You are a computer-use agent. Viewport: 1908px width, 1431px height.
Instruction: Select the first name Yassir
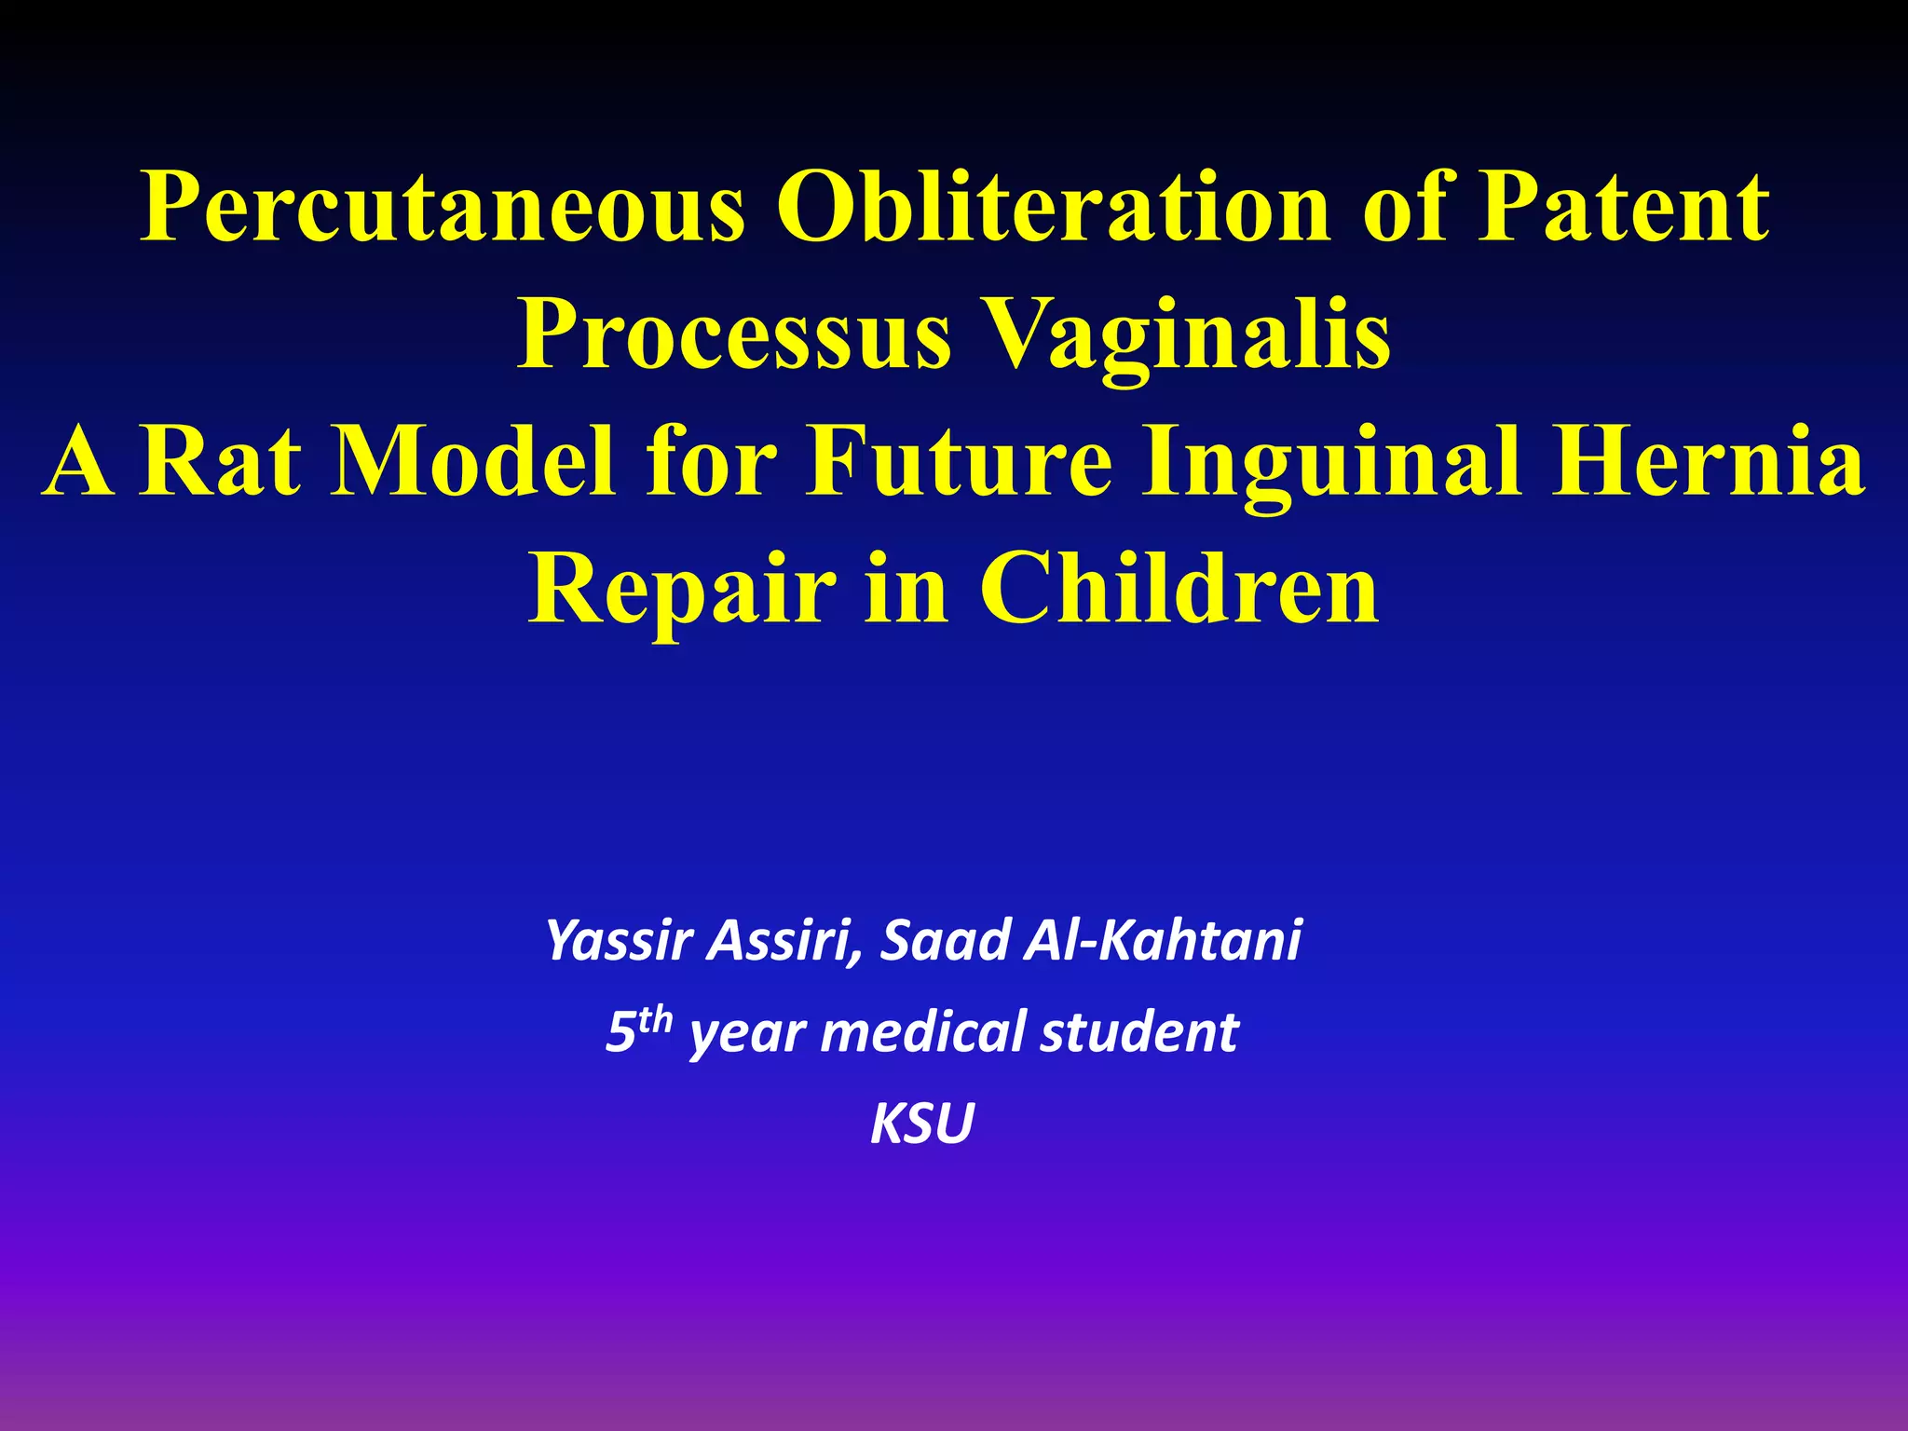pyautogui.click(x=619, y=941)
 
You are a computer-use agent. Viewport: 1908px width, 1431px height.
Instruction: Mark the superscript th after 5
pyautogui.click(x=655, y=1019)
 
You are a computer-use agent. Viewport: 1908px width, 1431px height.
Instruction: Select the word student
pyautogui.click(x=1139, y=1032)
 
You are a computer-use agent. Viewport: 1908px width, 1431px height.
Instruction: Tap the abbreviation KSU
pyautogui.click(x=922, y=1124)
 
